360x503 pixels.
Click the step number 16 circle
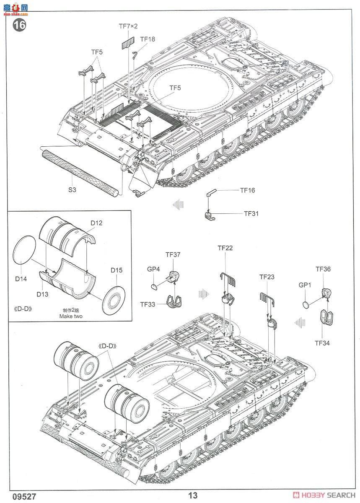[x=19, y=25]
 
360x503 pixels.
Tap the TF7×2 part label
[x=128, y=26]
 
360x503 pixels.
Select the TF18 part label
[x=147, y=39]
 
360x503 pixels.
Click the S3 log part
[x=79, y=172]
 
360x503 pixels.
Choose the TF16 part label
[x=247, y=190]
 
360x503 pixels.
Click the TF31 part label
[x=251, y=213]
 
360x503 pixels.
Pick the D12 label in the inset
[x=96, y=223]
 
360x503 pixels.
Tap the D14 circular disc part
[x=26, y=251]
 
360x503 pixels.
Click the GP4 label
[x=153, y=269]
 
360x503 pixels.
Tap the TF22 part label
[x=225, y=248]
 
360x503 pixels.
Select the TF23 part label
[x=267, y=277]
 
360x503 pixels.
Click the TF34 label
[x=322, y=343]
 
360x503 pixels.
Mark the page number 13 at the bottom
[x=193, y=495]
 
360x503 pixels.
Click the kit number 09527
[x=16, y=495]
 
